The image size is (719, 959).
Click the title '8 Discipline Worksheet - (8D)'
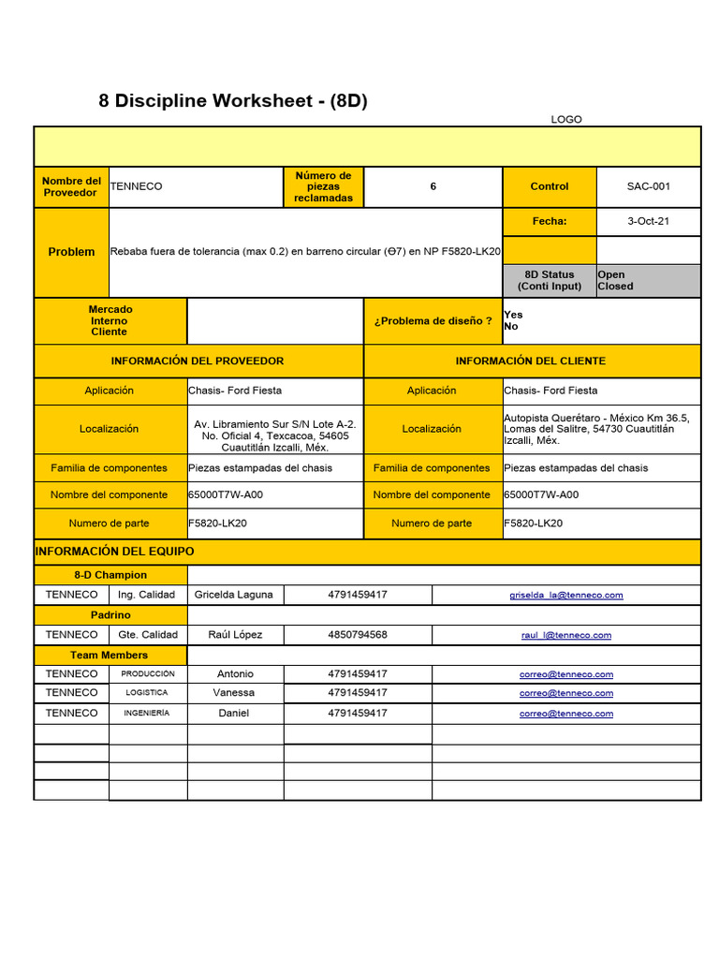(x=232, y=101)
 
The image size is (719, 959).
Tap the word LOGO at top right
(x=566, y=120)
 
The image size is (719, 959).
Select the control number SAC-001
(x=648, y=186)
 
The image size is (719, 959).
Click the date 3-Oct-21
(x=648, y=222)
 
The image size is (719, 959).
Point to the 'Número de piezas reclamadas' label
(x=323, y=186)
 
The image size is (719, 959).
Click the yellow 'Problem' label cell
(x=71, y=252)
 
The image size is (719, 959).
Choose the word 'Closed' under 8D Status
(x=615, y=287)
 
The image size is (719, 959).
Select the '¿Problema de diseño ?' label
(x=433, y=321)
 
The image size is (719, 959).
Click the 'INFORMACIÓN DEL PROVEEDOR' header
(x=198, y=361)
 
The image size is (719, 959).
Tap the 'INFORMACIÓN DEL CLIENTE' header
(x=530, y=361)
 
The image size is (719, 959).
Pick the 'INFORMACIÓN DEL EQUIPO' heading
(x=114, y=552)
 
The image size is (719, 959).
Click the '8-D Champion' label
(x=110, y=575)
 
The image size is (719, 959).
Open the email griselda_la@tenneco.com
(x=565, y=595)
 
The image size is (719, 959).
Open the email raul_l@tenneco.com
(x=565, y=635)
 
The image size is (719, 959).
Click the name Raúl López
(x=235, y=635)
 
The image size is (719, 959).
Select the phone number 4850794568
(x=358, y=635)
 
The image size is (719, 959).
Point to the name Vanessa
(x=234, y=693)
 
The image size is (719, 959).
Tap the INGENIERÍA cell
(x=147, y=713)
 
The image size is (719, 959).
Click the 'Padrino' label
(x=110, y=615)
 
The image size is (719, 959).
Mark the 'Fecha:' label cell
(x=549, y=222)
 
